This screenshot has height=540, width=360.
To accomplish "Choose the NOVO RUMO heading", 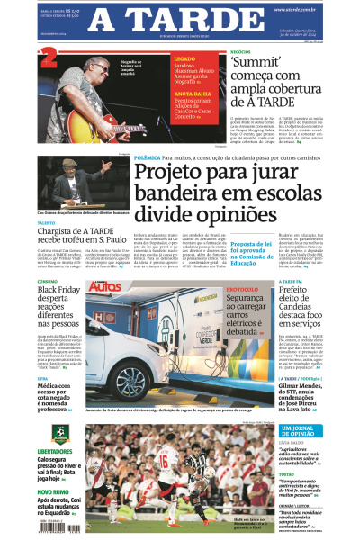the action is [52, 491].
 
